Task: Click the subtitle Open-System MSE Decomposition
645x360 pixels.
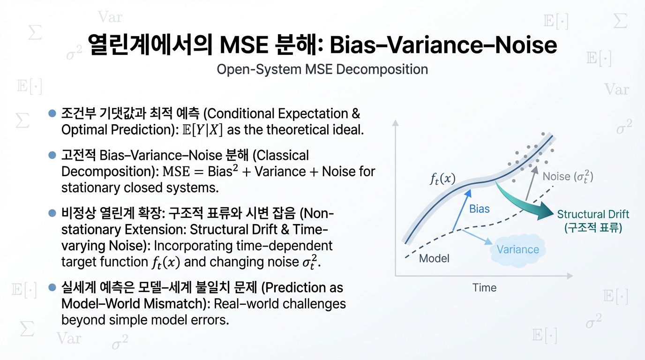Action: [322, 69]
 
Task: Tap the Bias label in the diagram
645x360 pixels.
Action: [479, 209]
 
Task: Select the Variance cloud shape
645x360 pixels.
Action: [517, 249]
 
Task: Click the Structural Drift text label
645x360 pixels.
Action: [593, 215]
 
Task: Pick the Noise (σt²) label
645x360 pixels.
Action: [568, 177]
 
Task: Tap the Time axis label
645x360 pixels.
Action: [484, 287]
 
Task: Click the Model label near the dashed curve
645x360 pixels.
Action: [434, 258]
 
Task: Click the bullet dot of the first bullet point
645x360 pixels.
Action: [52, 113]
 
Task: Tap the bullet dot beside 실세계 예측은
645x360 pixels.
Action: [52, 287]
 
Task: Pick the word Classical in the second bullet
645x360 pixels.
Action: [283, 155]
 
